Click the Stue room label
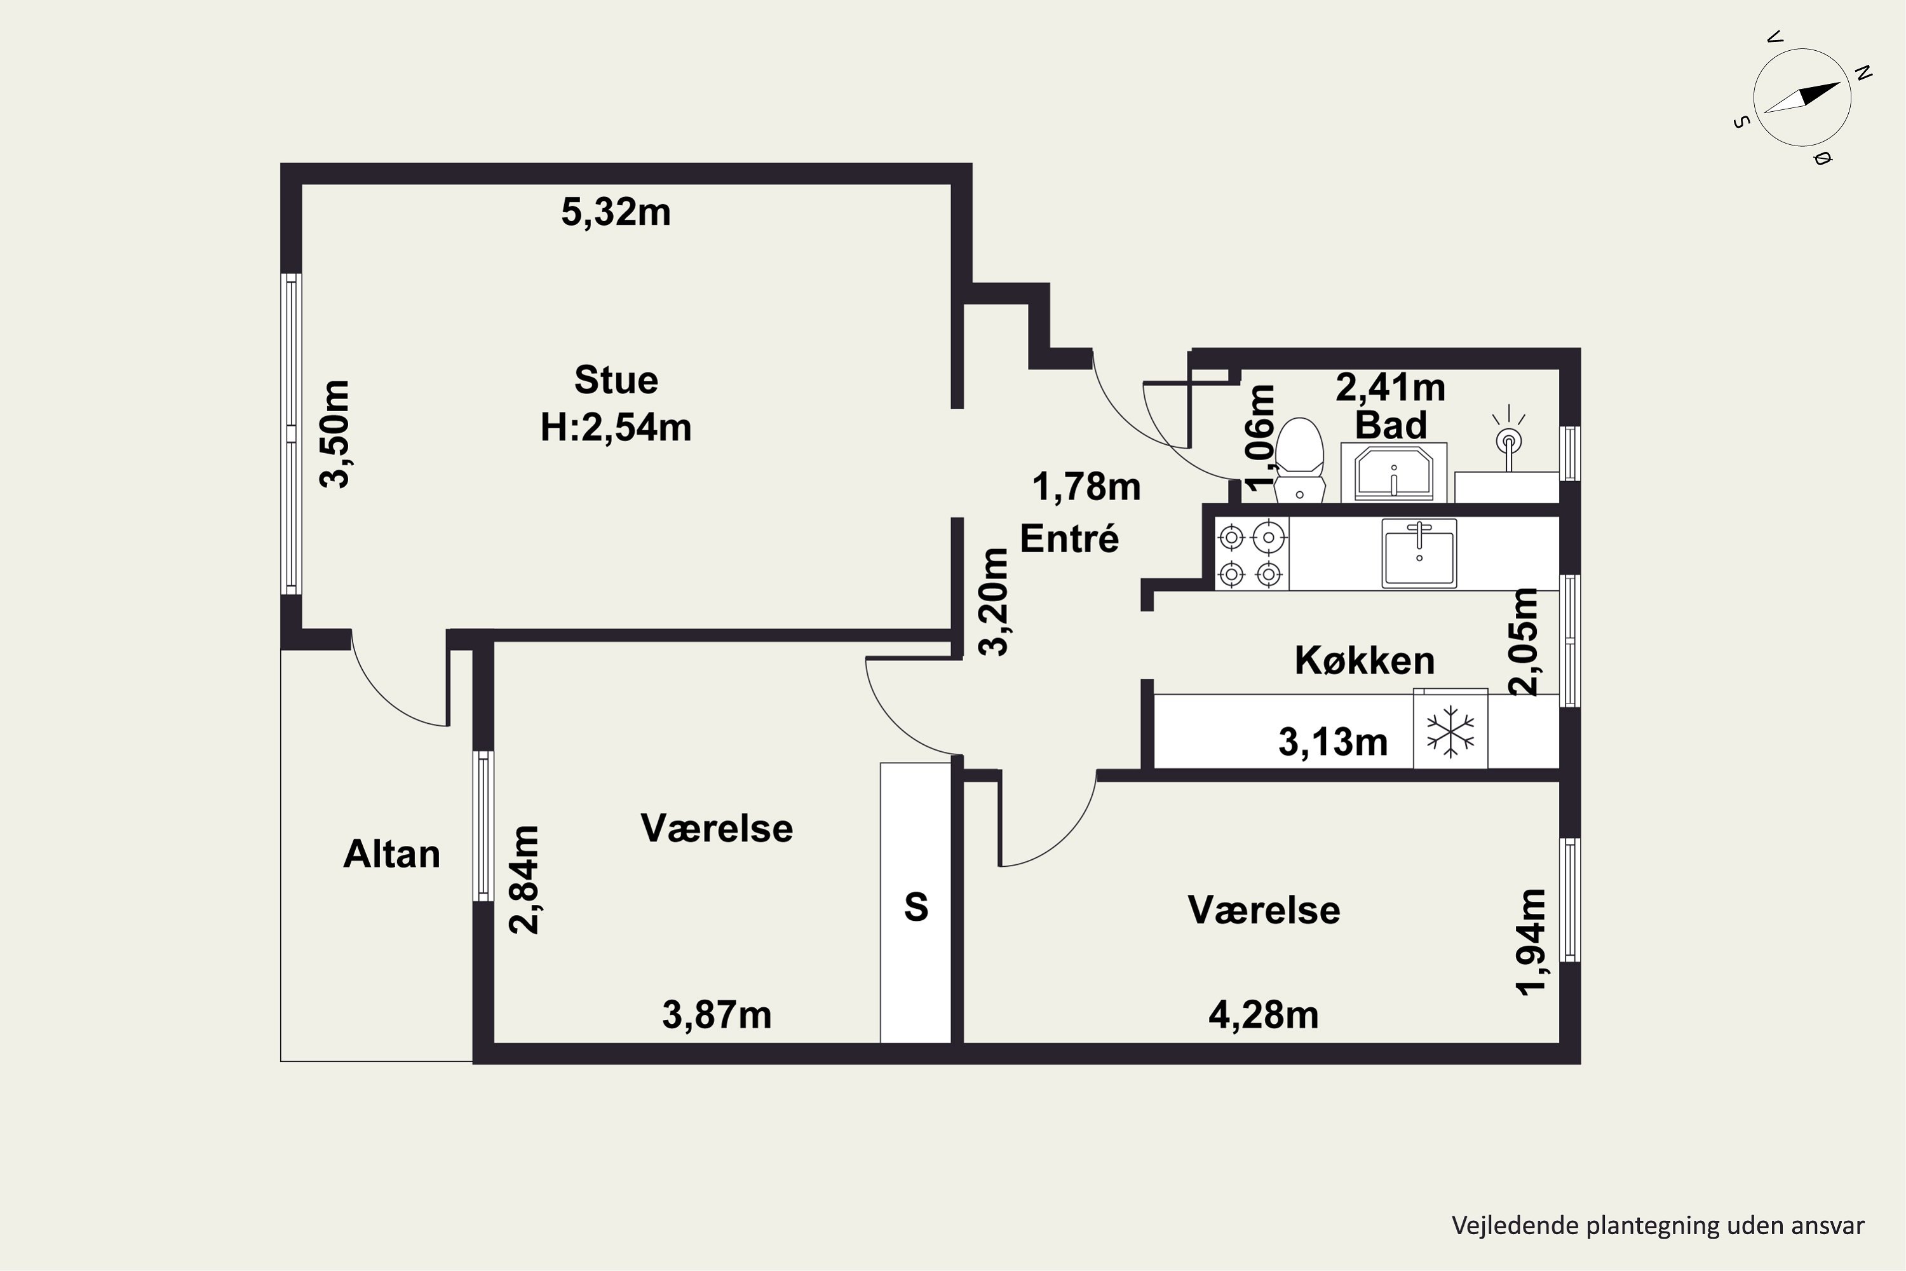(x=616, y=380)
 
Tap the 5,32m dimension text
(x=616, y=212)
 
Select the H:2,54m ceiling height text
(x=616, y=427)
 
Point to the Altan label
(x=391, y=854)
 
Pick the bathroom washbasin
(x=1394, y=473)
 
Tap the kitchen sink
(x=1419, y=553)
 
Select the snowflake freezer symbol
(x=1450, y=730)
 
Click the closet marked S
(x=916, y=902)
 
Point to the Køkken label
(x=1365, y=661)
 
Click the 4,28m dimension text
(x=1264, y=1015)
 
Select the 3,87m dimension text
(x=717, y=1015)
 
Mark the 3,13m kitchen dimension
(x=1333, y=742)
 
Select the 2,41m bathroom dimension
(x=1391, y=388)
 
